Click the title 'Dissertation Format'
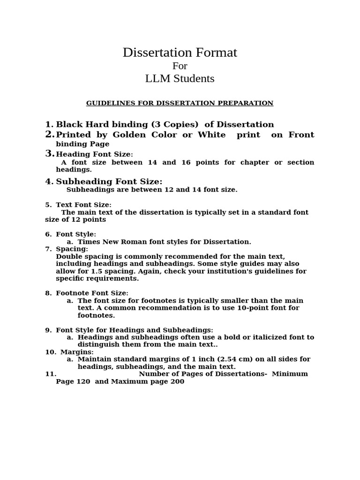click(x=180, y=53)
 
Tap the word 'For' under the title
click(x=180, y=66)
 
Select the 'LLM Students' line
click(x=180, y=79)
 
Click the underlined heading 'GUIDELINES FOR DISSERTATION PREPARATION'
click(x=180, y=103)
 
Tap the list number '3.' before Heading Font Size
click(x=50, y=154)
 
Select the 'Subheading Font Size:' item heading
click(x=109, y=182)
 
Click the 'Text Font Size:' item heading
click(x=83, y=205)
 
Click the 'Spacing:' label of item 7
click(x=72, y=249)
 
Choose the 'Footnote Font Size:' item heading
click(x=92, y=293)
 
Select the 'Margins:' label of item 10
click(x=77, y=352)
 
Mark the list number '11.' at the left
click(x=51, y=374)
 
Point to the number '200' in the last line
click(x=178, y=382)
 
